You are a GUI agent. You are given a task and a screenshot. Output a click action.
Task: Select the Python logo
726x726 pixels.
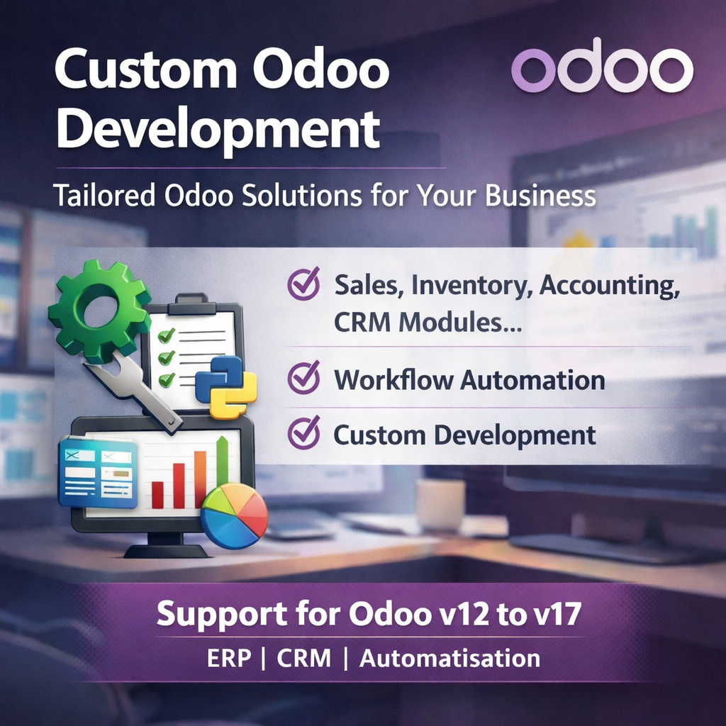click(225, 386)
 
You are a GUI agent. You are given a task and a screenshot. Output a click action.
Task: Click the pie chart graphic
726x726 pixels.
click(234, 515)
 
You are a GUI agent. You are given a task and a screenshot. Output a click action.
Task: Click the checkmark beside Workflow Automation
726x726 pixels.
click(303, 378)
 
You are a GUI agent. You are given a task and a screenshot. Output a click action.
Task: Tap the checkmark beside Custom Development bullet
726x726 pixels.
click(303, 433)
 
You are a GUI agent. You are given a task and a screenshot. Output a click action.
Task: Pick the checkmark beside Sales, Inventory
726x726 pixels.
click(303, 284)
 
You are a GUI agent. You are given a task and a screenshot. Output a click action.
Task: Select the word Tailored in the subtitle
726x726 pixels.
click(104, 195)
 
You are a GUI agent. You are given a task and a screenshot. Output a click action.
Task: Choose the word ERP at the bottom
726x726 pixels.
click(229, 658)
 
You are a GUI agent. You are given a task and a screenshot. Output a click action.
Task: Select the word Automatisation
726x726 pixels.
click(449, 658)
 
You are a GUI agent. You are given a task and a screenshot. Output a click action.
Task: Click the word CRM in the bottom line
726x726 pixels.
click(303, 658)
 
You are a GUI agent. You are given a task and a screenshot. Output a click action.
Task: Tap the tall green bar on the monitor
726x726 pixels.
click(222, 471)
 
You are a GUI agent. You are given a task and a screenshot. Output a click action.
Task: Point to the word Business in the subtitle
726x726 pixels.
click(540, 195)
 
